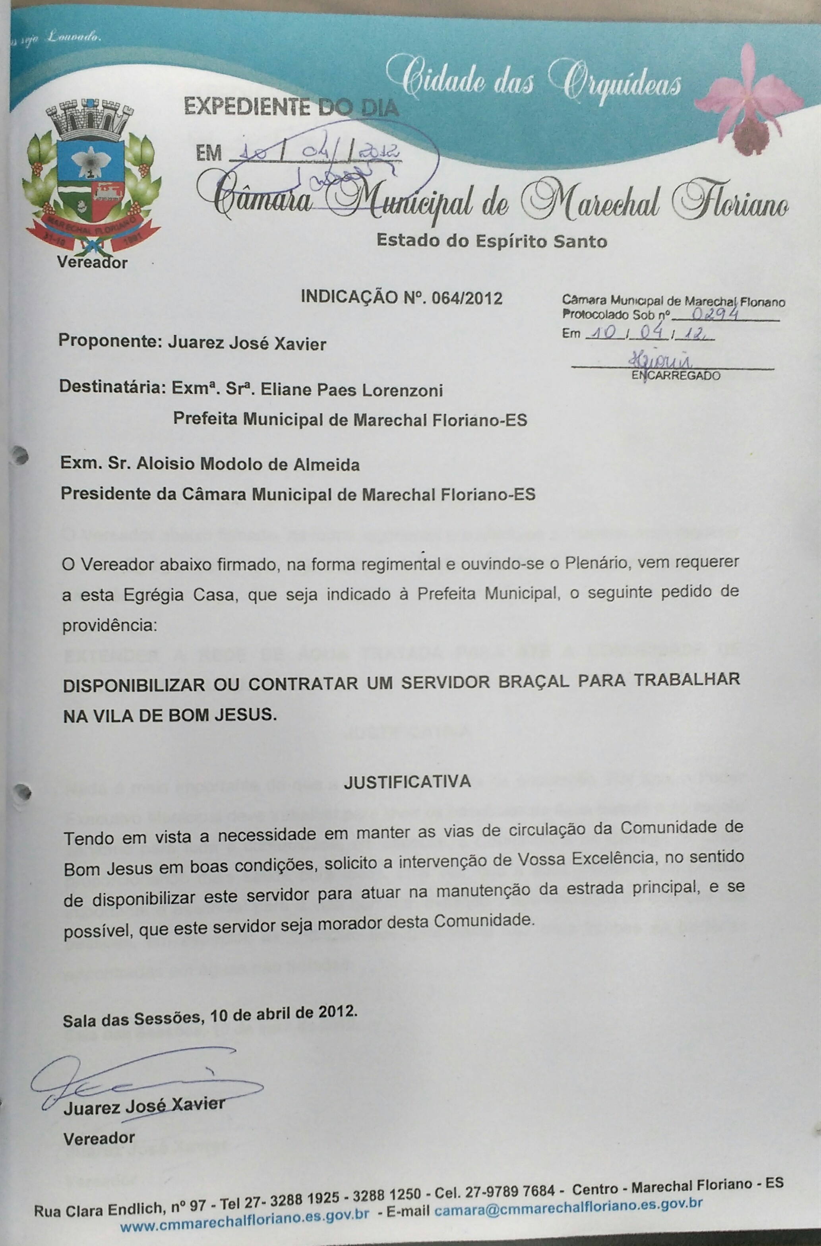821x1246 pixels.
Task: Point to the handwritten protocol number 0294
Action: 715,314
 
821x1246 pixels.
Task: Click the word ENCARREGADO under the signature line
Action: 676,375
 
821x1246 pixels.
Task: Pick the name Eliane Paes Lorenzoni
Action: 351,390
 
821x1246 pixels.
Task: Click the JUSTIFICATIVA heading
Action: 407,782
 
